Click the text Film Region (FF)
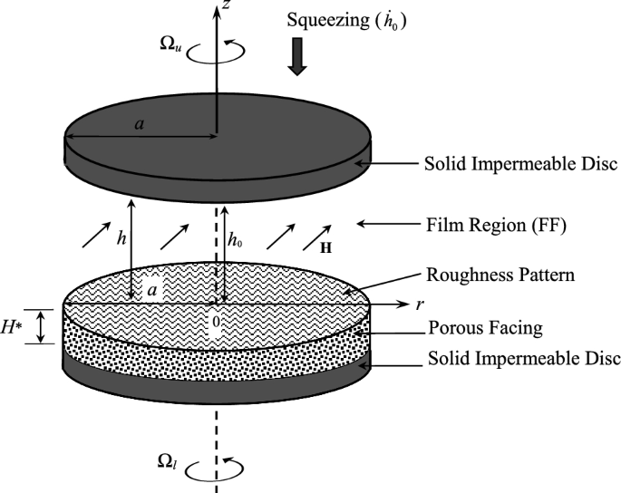pos(495,223)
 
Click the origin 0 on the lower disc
pos(216,320)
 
